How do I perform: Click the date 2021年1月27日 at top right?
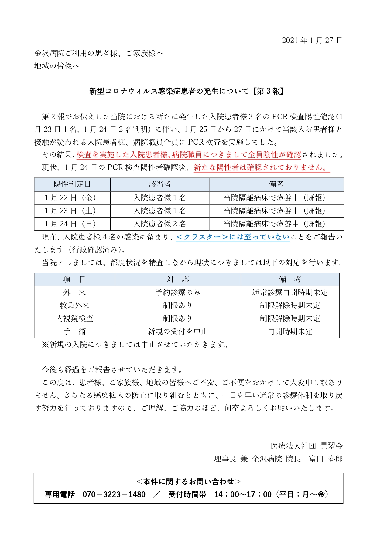tap(312, 40)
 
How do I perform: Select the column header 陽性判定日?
tap(72, 184)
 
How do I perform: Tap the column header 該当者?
tap(160, 184)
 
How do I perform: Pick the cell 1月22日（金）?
tap(72, 198)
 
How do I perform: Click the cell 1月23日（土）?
tap(72, 211)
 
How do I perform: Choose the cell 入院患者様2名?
tap(160, 224)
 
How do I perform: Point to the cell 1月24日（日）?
tap(72, 224)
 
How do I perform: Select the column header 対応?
tap(178, 279)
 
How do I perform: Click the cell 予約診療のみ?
tap(178, 292)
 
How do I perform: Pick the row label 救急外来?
tap(75, 305)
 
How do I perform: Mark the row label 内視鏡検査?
tap(75, 318)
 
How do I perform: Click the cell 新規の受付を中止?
tap(178, 332)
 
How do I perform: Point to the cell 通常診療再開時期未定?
tap(290, 292)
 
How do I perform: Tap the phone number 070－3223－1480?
tap(114, 494)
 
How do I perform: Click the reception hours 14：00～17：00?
tap(243, 494)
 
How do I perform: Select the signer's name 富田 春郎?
tap(326, 459)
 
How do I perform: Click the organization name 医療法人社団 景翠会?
tap(307, 446)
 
